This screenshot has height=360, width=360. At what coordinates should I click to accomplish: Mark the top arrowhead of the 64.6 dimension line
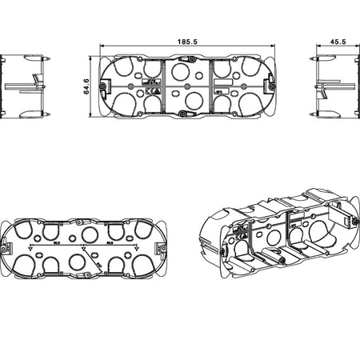point(93,58)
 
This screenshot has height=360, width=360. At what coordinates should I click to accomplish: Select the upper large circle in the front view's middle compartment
point(185,73)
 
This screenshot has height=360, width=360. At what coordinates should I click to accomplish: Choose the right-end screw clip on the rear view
point(163,245)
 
